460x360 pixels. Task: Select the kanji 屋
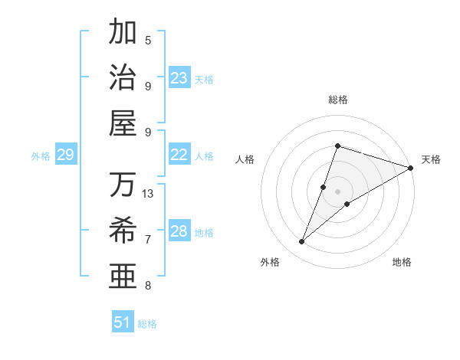[x=123, y=123]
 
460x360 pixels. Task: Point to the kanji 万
[x=123, y=185]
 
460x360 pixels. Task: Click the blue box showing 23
[x=179, y=78]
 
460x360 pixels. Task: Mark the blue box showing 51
[x=123, y=322]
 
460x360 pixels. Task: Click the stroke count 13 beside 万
[x=148, y=194]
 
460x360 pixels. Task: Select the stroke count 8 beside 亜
[x=148, y=286]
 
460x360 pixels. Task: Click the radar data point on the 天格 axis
[x=410, y=168]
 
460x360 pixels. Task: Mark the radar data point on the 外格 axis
[x=302, y=242]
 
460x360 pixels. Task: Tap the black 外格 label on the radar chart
[x=270, y=263]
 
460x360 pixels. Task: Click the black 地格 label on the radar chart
[x=402, y=263]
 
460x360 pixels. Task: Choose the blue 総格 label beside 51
[x=147, y=324]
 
